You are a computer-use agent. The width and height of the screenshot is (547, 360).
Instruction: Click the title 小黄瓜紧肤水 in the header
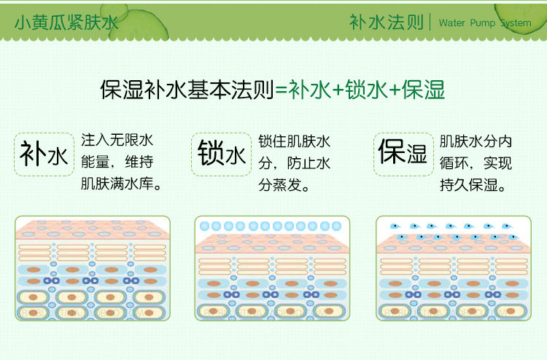66,23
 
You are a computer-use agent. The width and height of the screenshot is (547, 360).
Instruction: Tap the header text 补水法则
386,22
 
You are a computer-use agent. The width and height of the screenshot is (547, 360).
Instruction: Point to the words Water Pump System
485,23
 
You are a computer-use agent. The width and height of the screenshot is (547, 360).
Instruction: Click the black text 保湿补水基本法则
187,90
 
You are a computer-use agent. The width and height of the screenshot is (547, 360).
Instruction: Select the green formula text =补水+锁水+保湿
360,90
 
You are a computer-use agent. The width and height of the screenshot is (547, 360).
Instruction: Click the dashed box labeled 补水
44,154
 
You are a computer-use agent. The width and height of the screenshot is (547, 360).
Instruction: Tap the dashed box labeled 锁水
221,154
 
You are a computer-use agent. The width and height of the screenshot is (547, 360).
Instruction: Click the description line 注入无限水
117,139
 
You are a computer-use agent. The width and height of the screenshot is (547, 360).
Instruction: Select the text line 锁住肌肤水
295,139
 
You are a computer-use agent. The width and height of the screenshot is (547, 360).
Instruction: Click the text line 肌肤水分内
476,139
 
